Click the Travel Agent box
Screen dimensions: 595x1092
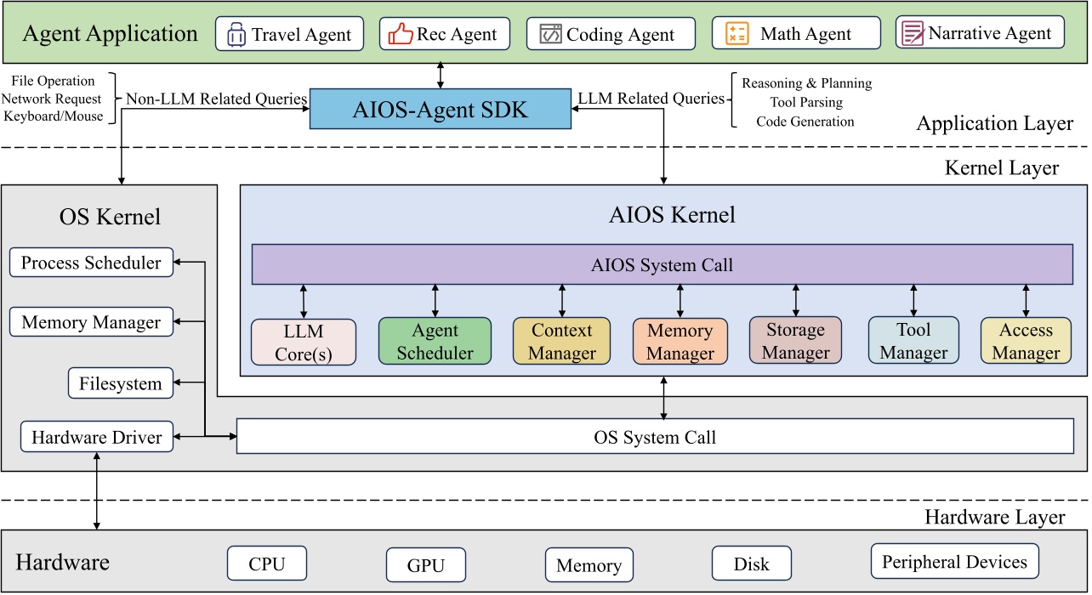click(x=289, y=34)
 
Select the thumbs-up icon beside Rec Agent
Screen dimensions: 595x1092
click(x=401, y=34)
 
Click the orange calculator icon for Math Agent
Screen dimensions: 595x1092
click(x=737, y=34)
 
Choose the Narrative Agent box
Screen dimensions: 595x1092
click(x=980, y=32)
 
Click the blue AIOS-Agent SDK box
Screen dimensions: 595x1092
click(x=440, y=109)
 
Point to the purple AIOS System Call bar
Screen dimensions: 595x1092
click(x=662, y=265)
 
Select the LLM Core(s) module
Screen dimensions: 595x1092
click(x=304, y=342)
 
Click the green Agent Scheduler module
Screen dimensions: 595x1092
click(x=435, y=341)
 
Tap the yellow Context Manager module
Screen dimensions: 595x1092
click(x=562, y=341)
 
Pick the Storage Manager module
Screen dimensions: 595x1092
click(x=795, y=340)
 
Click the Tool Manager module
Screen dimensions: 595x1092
click(x=913, y=340)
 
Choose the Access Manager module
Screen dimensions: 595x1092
click(x=1026, y=340)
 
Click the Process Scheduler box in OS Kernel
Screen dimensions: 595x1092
click(x=91, y=263)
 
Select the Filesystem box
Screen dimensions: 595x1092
click(x=120, y=383)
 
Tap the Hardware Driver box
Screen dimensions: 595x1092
click(x=96, y=438)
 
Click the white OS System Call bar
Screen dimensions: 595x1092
click(x=655, y=437)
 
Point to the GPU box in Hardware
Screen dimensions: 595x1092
click(x=426, y=564)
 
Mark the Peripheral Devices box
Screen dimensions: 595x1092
click(x=954, y=561)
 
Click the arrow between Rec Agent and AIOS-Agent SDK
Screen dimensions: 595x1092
click(x=440, y=73)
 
